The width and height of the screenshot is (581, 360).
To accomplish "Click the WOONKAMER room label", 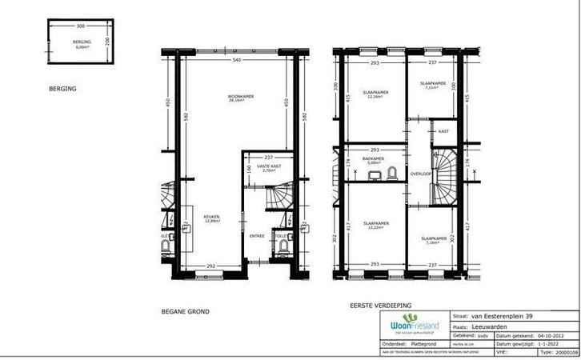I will click(241, 97).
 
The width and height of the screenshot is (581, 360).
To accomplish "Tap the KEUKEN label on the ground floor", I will click(211, 217).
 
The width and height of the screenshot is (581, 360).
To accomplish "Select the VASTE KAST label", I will click(267, 166).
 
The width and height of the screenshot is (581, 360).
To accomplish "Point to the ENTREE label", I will click(257, 236).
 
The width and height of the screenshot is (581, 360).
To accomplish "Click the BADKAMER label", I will click(374, 158).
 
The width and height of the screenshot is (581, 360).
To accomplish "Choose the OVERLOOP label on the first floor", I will click(421, 173).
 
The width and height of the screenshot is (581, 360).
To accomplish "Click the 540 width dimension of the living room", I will click(237, 61).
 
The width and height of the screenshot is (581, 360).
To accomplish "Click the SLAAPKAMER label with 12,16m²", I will click(375, 93).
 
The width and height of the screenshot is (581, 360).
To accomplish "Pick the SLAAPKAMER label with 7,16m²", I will click(434, 238).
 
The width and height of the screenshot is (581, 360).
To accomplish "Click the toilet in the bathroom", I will click(392, 172).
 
